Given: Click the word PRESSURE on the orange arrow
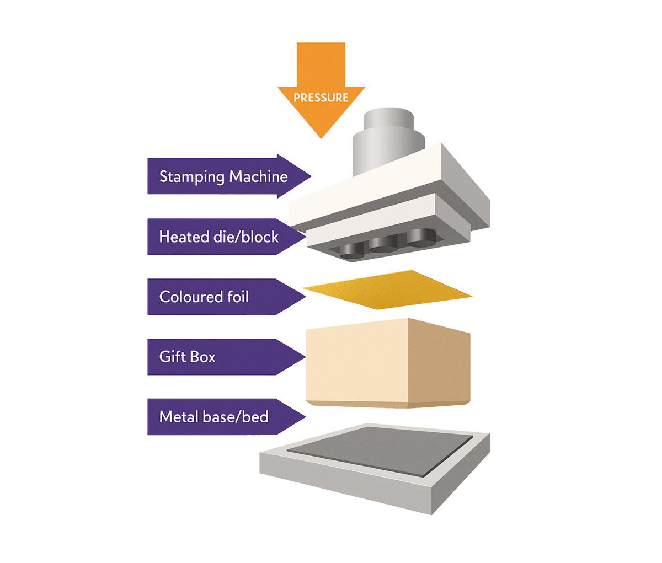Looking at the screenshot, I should point(321,98).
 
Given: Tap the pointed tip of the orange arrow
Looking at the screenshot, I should point(321,137).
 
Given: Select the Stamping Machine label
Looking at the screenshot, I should point(223,176).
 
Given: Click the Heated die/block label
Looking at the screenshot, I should point(219,237).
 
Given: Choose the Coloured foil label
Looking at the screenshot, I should point(204,297).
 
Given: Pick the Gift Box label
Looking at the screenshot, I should point(188,356).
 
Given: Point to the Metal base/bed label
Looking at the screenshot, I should point(213,416).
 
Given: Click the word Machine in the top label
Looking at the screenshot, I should point(259,176).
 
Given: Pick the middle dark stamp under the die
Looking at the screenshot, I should point(384,244).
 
